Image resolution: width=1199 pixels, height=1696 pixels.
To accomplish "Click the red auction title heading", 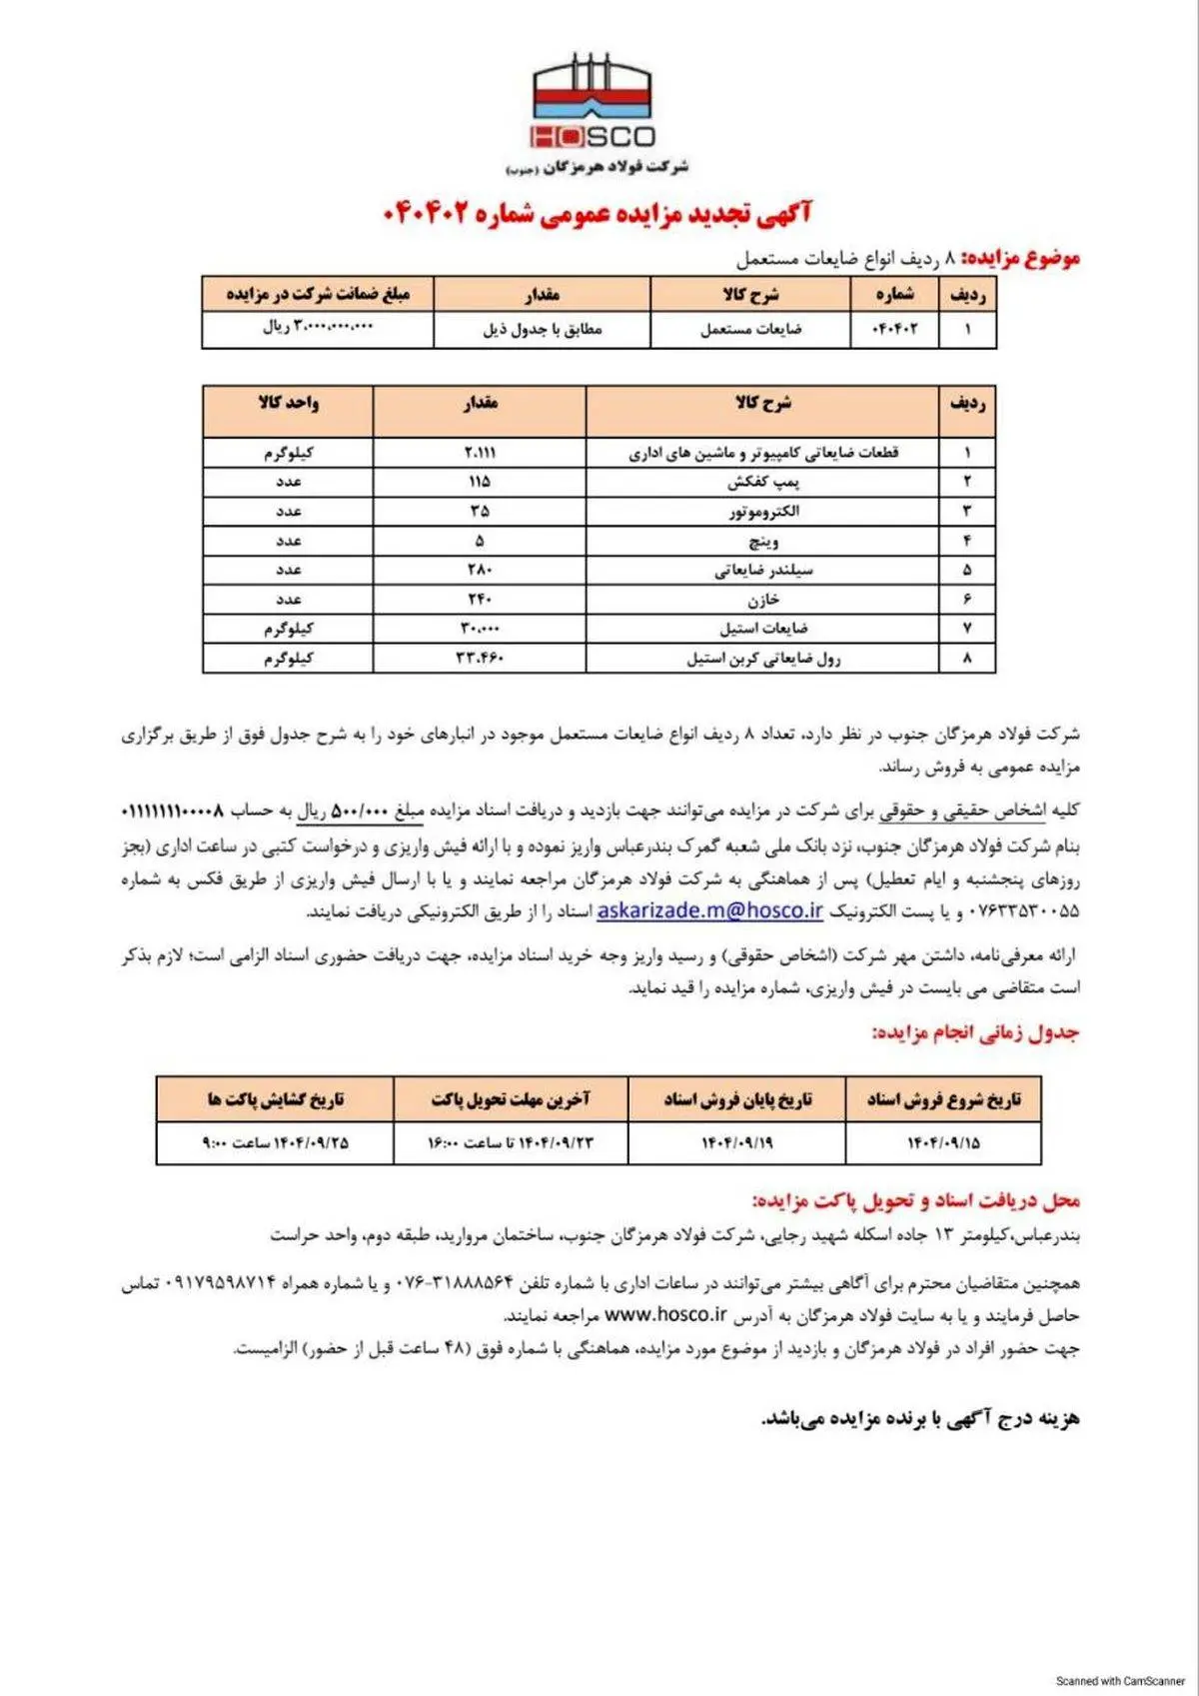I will coord(598,213).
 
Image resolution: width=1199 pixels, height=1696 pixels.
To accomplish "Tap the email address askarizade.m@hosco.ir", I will coord(709,910).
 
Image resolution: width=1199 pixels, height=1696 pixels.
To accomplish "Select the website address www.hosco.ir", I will coord(665,1314).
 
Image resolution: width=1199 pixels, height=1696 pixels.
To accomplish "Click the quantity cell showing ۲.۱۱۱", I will coord(480,453).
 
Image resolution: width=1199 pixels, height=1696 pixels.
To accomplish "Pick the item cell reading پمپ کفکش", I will coord(763,482).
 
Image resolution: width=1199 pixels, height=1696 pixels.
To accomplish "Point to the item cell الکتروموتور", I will coord(763,512).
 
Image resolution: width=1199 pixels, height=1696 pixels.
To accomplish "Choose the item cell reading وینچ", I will coord(763,541).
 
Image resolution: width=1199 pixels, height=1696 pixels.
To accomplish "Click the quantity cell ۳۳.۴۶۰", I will coord(480,658).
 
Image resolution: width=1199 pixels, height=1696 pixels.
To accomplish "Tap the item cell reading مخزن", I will coord(763,600).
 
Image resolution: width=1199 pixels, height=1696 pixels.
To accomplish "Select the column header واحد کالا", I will coord(288,403).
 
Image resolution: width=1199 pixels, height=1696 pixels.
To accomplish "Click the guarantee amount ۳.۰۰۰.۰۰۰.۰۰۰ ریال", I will coord(318,327).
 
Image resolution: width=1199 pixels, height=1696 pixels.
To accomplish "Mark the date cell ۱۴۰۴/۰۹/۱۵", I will coord(943,1142).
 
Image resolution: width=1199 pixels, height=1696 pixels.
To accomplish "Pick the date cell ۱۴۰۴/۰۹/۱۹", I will coord(736,1142).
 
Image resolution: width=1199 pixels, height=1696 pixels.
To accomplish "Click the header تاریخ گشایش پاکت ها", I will coord(275,1099).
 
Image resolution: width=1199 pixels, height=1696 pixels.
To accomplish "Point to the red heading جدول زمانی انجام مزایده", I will coord(975,1032).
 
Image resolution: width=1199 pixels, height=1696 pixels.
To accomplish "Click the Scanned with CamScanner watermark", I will coord(1120,1681).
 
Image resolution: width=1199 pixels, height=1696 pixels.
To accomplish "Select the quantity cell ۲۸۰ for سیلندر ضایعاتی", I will coord(480,570).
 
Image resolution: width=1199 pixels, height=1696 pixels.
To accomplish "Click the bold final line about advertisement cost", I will coord(920,1418).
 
